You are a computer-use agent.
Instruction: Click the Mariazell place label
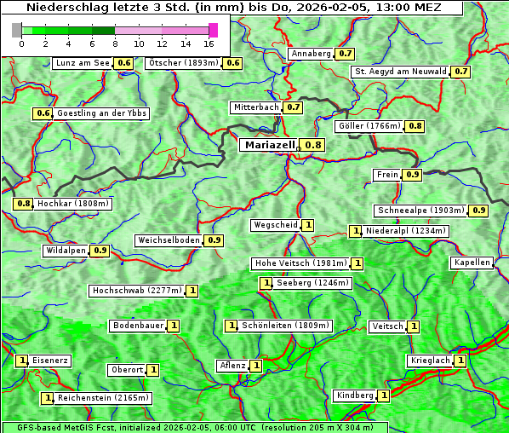(270, 145)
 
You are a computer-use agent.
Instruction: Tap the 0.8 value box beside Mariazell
(314, 145)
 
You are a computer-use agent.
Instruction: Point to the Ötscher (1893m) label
(183, 63)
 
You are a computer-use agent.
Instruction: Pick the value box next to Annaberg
(345, 54)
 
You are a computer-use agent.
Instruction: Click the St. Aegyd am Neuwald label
(400, 72)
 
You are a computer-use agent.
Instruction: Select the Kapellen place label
(472, 263)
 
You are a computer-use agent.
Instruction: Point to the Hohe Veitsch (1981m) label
(300, 263)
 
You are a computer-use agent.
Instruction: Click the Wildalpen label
(66, 251)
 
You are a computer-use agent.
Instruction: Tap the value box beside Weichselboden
(214, 240)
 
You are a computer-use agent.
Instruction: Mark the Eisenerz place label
(50, 361)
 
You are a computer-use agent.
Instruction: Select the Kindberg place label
(355, 395)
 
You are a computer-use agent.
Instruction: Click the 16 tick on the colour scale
(209, 43)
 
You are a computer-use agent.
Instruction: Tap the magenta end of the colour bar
(213, 30)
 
